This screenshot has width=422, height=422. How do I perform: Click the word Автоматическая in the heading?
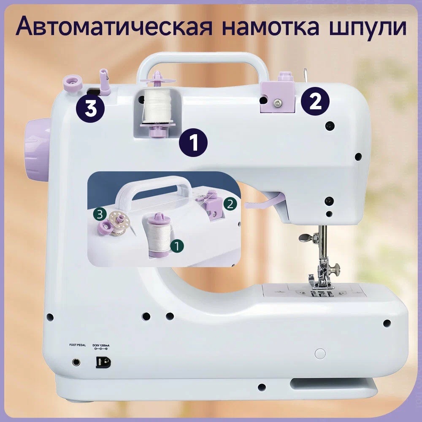[114, 26]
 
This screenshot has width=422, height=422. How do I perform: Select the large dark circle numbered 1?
[193, 143]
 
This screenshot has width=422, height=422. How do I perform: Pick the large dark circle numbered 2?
[315, 101]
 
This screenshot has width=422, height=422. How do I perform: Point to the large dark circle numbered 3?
[90, 108]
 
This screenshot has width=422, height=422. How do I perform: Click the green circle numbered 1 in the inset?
[177, 246]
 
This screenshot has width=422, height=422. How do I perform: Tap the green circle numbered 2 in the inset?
[230, 204]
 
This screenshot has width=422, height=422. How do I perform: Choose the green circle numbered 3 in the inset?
[100, 214]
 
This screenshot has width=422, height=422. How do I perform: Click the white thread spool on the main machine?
[157, 106]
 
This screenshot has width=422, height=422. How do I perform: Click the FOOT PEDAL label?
[78, 345]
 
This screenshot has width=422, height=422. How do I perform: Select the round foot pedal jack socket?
[76, 362]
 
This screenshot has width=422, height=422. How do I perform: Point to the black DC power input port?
[103, 362]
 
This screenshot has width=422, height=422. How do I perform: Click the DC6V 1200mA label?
[101, 345]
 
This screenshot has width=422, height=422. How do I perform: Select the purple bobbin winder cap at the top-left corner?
[73, 83]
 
